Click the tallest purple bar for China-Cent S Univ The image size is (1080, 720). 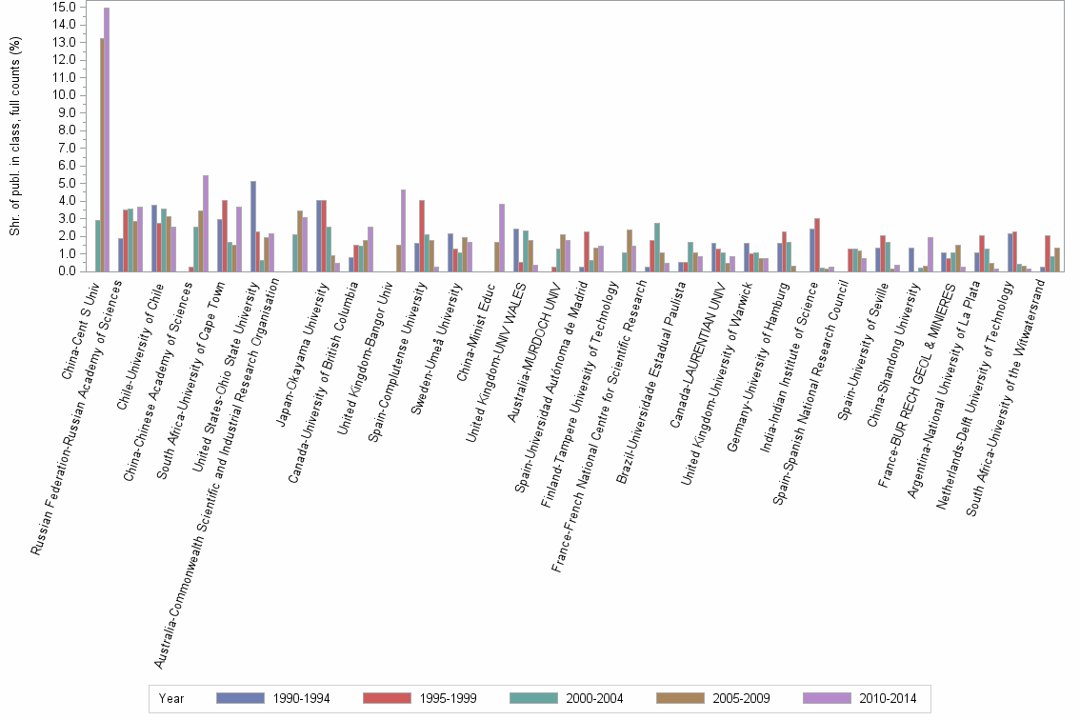(x=107, y=139)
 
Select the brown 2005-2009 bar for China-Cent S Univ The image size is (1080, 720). (x=102, y=154)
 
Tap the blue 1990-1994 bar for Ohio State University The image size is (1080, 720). (x=253, y=226)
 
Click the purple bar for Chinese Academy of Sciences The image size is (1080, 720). (x=206, y=223)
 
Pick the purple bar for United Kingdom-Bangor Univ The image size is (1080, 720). (x=403, y=230)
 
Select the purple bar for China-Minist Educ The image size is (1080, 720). (x=502, y=237)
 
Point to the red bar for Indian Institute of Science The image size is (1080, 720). (x=817, y=245)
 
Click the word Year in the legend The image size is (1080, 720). (x=171, y=698)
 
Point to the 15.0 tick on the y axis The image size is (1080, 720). (x=65, y=7)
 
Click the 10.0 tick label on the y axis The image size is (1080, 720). (x=65, y=95)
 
